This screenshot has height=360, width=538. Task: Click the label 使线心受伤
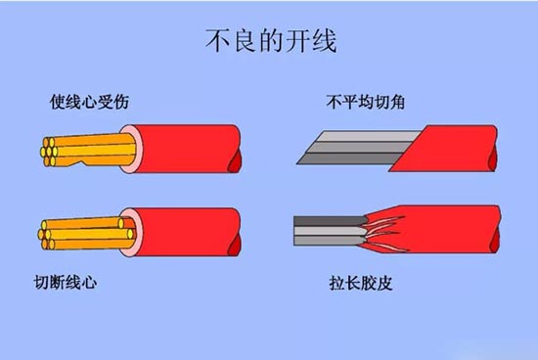coord(90,101)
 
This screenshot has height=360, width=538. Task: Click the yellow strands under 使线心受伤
coord(83,150)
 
